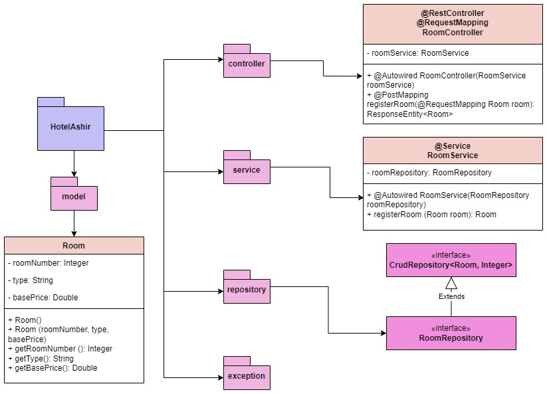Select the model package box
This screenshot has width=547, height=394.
[x=74, y=197]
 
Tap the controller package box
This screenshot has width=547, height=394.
[x=246, y=64]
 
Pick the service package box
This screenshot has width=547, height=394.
[x=246, y=170]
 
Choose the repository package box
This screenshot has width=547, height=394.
[x=246, y=290]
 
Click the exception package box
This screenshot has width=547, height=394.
[x=246, y=376]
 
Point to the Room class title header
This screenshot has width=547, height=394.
[x=74, y=245]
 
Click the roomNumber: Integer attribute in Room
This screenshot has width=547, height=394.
[x=49, y=263]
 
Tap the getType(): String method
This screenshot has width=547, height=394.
[x=41, y=358]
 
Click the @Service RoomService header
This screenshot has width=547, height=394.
[x=452, y=151]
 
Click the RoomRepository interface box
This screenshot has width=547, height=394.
[x=451, y=334]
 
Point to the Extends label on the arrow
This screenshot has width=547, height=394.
[x=451, y=296]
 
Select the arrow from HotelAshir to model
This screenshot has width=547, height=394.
[x=74, y=164]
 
